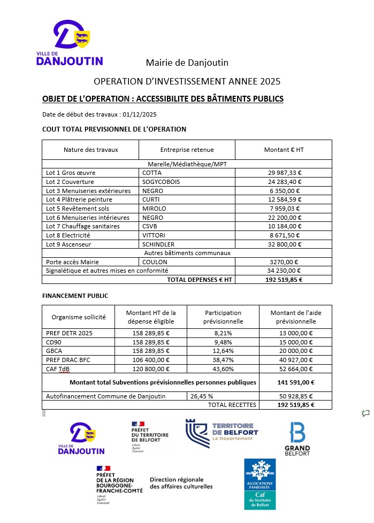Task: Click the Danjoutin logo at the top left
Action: [x=70, y=43]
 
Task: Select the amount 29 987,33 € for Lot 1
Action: [x=284, y=173]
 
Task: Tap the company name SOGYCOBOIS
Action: [x=161, y=182]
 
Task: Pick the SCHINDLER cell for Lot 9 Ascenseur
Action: [x=158, y=244]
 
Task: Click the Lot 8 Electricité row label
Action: [x=68, y=235]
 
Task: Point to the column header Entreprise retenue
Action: [x=187, y=150]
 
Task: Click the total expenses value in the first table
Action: [x=284, y=280]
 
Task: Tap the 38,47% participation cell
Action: [x=224, y=360]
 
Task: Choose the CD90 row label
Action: [x=55, y=342]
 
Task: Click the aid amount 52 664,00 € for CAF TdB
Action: [x=295, y=369]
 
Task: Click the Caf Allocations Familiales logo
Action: [x=259, y=483]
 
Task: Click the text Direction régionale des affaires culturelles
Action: [x=181, y=483]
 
